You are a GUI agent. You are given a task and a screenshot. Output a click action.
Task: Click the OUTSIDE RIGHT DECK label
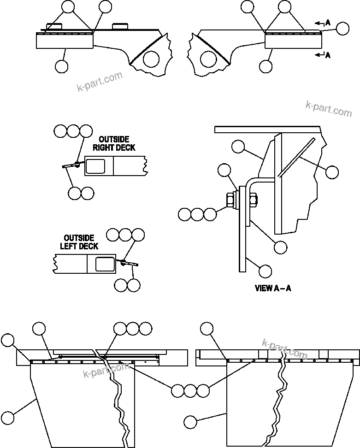click(114, 143)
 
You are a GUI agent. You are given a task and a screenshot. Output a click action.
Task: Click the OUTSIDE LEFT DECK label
click(79, 242)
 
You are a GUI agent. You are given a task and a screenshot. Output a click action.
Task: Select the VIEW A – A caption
click(273, 289)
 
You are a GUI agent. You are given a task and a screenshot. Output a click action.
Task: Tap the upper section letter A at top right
click(328, 22)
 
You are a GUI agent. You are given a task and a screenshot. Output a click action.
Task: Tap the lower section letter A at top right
click(328, 55)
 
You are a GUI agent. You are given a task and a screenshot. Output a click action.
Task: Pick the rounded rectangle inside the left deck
click(105, 265)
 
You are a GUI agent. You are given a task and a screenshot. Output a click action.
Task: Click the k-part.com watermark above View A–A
click(328, 109)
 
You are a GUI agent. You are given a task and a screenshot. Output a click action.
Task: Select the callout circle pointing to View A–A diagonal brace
click(332, 172)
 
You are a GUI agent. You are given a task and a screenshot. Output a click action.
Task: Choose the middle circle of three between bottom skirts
click(190, 390)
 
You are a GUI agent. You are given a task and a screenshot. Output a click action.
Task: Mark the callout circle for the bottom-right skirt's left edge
click(191, 421)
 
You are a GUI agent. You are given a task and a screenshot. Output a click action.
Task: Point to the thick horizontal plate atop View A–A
click(267, 129)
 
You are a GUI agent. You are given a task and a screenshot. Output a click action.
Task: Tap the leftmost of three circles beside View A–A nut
click(185, 214)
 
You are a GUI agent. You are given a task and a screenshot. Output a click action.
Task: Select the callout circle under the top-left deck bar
click(61, 66)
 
